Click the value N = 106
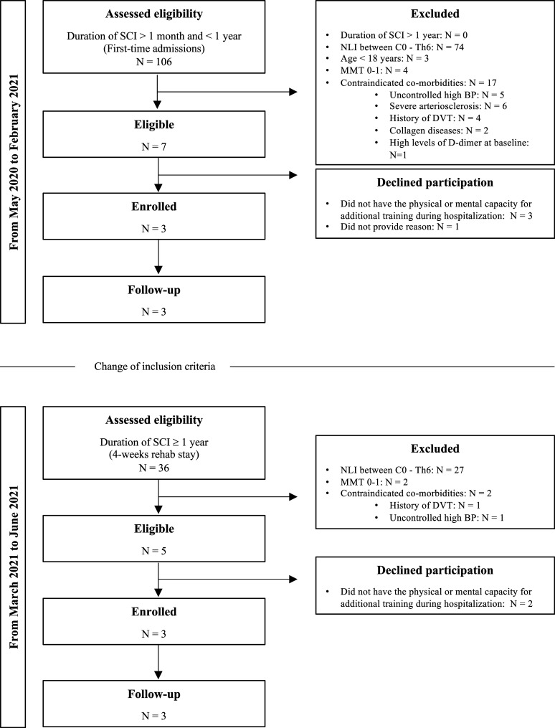pyautogui.click(x=154, y=61)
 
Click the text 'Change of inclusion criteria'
pyautogui.click(x=155, y=367)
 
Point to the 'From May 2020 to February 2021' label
pyautogui.click(x=14, y=161)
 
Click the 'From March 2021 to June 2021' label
pyautogui.click(x=14, y=567)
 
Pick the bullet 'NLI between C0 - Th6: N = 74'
pyautogui.click(x=402, y=47)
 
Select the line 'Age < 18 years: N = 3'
pyautogui.click(x=384, y=59)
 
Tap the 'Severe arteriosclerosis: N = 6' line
pyautogui.click(x=448, y=106)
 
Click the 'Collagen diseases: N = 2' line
pyautogui.click(x=439, y=131)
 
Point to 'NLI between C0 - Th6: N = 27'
pyautogui.click(x=402, y=470)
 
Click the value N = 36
pyautogui.click(x=154, y=468)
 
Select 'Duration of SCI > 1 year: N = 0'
pyautogui.click(x=404, y=35)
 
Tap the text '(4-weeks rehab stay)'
pyautogui.click(x=154, y=454)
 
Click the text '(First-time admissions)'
pyautogui.click(x=154, y=48)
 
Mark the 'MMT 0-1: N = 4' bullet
pyautogui.click(x=374, y=70)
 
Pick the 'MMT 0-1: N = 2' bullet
pyautogui.click(x=374, y=482)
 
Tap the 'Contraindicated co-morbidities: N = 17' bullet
pyautogui.click(x=418, y=82)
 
